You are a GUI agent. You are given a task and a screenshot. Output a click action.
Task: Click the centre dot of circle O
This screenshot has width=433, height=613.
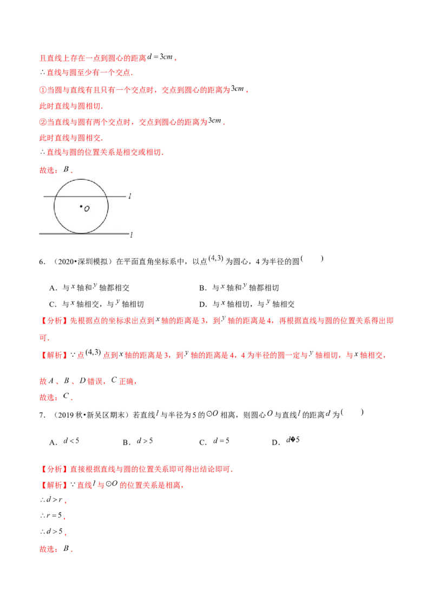pos(81,206)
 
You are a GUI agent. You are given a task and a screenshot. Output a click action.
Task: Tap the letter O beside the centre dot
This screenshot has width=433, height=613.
pos(87,208)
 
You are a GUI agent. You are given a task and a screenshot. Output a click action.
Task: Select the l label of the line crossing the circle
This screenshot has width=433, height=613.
pos(129,196)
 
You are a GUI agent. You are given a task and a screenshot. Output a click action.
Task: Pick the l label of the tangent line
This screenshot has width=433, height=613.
pos(130,234)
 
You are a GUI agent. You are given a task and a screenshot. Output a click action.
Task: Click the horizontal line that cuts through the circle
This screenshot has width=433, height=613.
pos(119,196)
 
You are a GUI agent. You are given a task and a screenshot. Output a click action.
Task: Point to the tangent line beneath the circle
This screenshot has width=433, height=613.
pos(114,233)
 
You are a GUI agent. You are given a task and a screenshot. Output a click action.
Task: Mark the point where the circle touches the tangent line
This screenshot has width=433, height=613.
pos(81,233)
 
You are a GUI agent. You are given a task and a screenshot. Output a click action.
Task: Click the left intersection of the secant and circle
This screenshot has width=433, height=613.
pos(56,196)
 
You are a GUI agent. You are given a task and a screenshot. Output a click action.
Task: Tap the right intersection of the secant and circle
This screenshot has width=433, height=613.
pos(107,196)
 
